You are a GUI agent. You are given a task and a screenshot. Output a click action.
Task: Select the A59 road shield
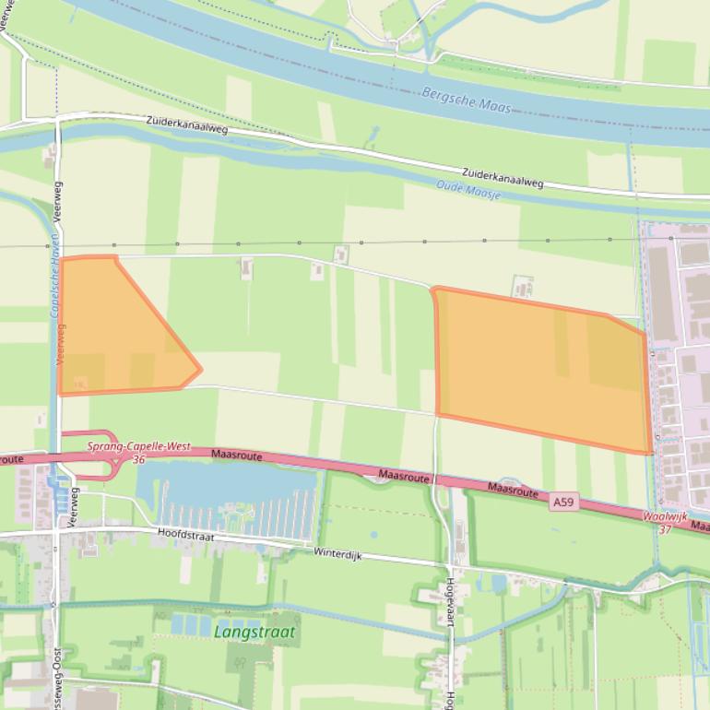tap(563, 503)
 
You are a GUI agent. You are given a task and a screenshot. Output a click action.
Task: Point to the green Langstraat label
tap(254, 633)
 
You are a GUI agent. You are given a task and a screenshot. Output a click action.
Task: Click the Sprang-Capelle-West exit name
tap(138, 446)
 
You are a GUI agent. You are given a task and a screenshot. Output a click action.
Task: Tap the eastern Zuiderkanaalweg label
tap(503, 178)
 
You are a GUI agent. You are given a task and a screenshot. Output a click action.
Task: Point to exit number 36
tap(138, 459)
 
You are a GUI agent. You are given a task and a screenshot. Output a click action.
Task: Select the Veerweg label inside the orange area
tap(62, 343)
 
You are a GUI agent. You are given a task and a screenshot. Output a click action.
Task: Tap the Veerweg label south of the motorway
tap(74, 505)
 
